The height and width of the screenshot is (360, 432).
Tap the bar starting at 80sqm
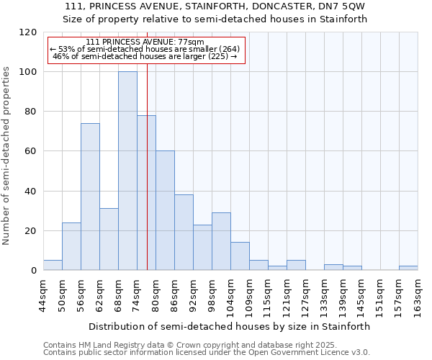(165, 210)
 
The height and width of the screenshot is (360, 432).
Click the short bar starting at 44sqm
(53, 265)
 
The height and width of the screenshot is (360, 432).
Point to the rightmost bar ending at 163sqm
(408, 268)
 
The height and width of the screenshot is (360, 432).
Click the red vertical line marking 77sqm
(147, 180)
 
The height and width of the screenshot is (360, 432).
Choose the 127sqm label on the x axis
(306, 295)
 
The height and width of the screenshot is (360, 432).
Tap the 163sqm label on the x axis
(418, 295)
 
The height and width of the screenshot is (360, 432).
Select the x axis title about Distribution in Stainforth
(230, 326)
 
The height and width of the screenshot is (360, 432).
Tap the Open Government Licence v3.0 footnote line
(206, 353)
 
